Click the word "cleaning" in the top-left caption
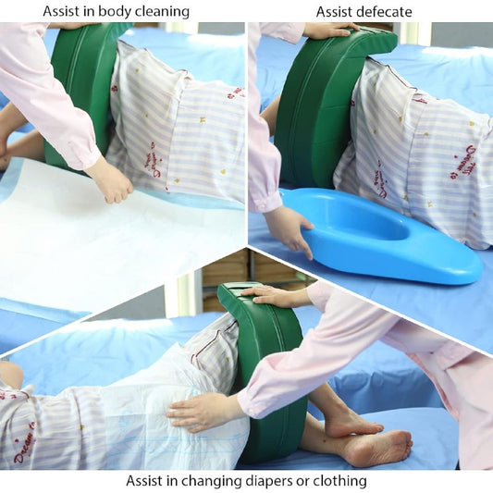159,12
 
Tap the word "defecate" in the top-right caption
385,12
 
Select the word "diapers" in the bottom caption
274,481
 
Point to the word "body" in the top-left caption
108,12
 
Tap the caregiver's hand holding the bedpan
289,228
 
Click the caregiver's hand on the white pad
110,180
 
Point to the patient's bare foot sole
379,450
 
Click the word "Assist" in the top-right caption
335,12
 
